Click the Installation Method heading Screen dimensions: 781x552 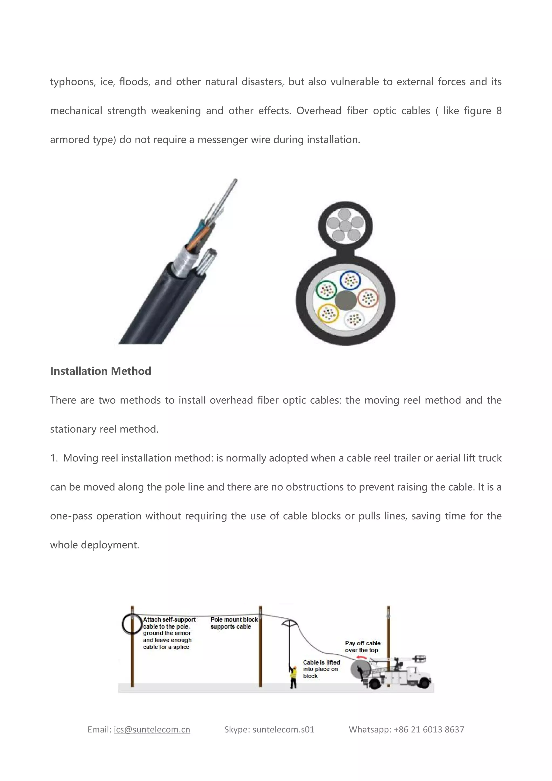[x=101, y=371]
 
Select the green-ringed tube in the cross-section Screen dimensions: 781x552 [x=326, y=290]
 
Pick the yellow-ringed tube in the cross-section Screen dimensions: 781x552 [x=328, y=313]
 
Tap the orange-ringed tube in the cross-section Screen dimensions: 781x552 [x=368, y=298]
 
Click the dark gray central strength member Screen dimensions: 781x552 [x=346, y=300]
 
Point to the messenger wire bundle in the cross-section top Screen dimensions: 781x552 [x=345, y=225]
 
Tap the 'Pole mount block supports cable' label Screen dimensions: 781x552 [x=234, y=623]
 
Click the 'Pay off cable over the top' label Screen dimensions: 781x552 [x=362, y=647]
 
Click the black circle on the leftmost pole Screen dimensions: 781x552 [x=132, y=624]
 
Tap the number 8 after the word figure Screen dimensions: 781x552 [x=498, y=111]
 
